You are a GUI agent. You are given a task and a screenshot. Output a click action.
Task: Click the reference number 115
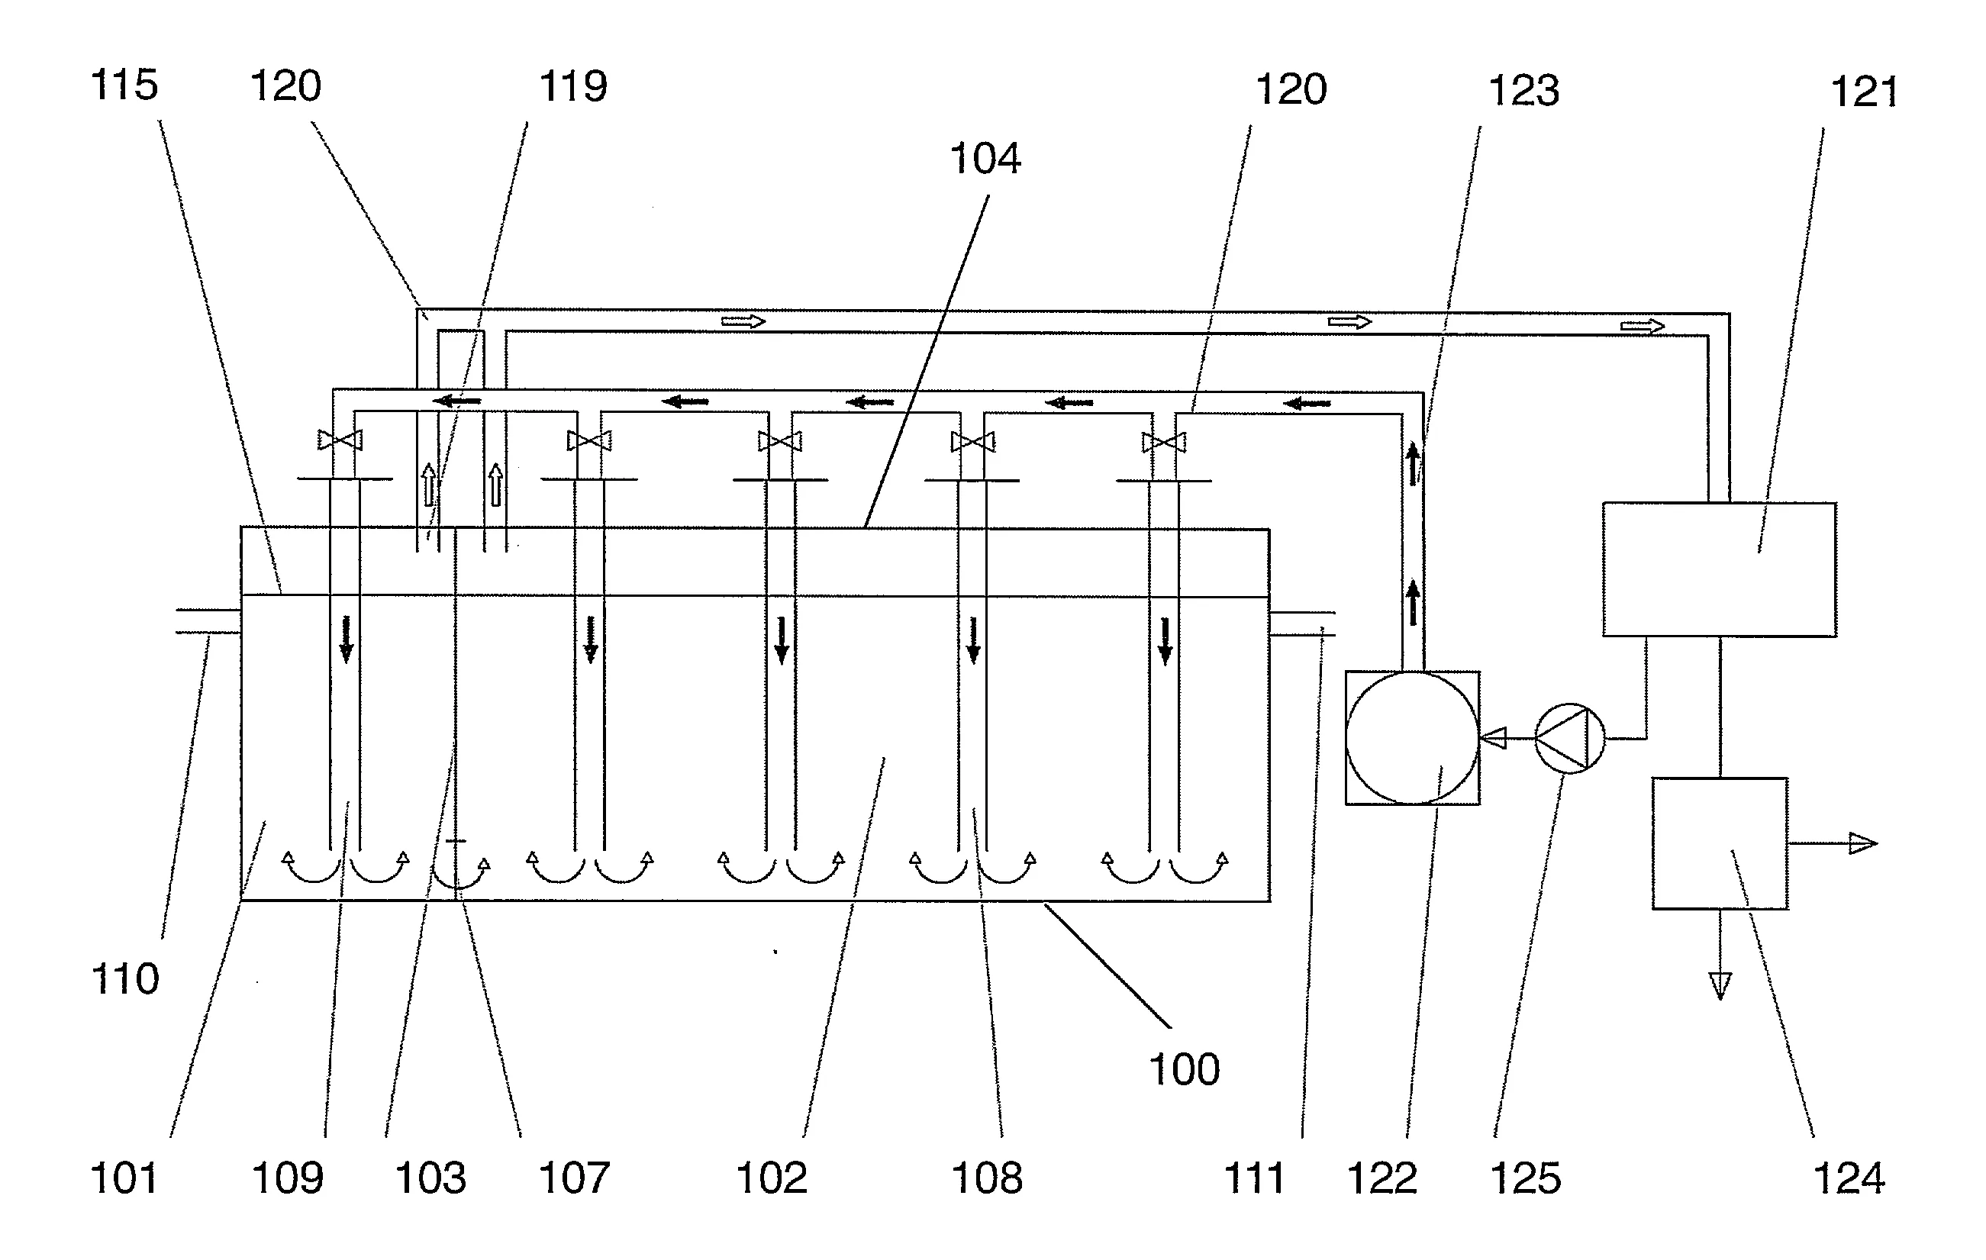click(x=124, y=85)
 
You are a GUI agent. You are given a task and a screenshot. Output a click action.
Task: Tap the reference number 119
click(x=573, y=86)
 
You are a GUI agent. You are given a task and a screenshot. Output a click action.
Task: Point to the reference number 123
click(x=1524, y=91)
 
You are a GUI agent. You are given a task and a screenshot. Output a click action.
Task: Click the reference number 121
click(x=1864, y=92)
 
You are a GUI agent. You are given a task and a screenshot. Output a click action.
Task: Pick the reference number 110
click(x=124, y=979)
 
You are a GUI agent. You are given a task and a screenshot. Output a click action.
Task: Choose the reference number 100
click(x=1185, y=1069)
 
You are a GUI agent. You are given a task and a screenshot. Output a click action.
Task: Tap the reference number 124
click(x=1849, y=1178)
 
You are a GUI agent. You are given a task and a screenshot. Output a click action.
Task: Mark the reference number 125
click(x=1526, y=1178)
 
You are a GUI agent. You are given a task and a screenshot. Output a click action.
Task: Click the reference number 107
click(x=574, y=1178)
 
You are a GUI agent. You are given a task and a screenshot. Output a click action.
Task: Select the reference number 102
click(x=771, y=1178)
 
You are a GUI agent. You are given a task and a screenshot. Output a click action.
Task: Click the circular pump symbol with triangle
click(x=1569, y=738)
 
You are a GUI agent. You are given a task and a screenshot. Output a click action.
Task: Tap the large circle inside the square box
click(x=1412, y=738)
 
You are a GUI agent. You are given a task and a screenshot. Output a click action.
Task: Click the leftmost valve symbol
click(x=340, y=440)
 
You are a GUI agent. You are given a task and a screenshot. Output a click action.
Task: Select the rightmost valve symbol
click(x=1164, y=443)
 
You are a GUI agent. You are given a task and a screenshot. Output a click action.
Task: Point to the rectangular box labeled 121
click(x=1720, y=570)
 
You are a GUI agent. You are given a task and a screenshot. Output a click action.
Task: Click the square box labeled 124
click(x=1720, y=843)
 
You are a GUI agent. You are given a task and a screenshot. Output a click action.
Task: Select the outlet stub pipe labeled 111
click(x=1302, y=624)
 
